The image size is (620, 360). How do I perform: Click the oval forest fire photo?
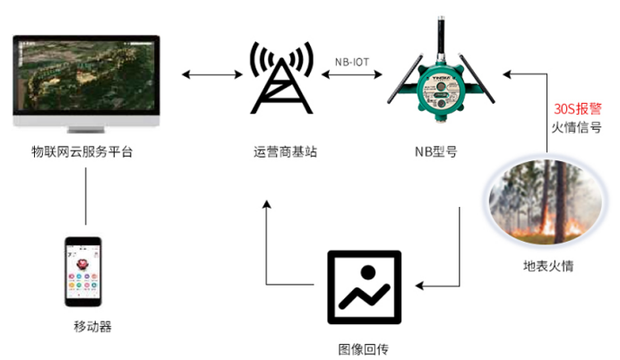tap(543, 202)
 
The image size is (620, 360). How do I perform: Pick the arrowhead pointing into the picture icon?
tap(418, 287)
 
